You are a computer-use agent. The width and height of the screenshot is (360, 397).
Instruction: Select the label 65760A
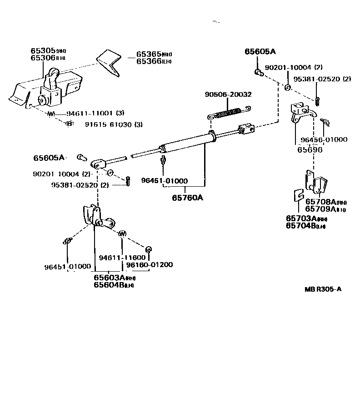tap(187, 198)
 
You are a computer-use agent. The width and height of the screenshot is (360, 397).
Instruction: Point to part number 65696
tap(310, 149)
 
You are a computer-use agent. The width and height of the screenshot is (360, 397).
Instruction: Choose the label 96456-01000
tap(325, 139)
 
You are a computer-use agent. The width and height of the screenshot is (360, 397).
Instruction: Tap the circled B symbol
tap(70, 124)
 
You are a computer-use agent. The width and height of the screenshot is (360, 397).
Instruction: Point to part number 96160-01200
tap(149, 265)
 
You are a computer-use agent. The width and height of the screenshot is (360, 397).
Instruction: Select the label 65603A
tap(110, 277)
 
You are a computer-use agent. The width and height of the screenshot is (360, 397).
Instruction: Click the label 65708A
tap(320, 202)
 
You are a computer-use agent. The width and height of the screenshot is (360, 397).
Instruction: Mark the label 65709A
tap(320, 209)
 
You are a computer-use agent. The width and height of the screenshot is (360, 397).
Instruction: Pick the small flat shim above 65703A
tap(297, 195)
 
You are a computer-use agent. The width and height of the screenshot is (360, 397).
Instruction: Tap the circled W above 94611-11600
tap(122, 234)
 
